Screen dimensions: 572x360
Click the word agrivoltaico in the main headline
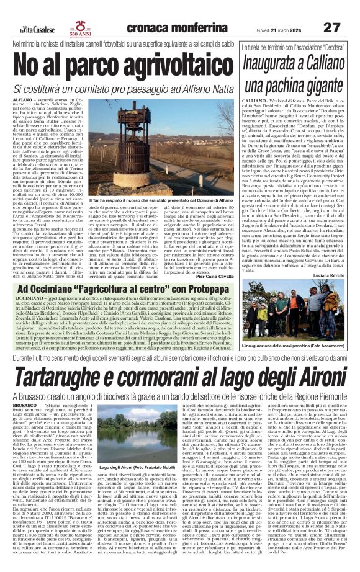(x=154, y=62)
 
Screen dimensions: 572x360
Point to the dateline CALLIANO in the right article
(x=251, y=99)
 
